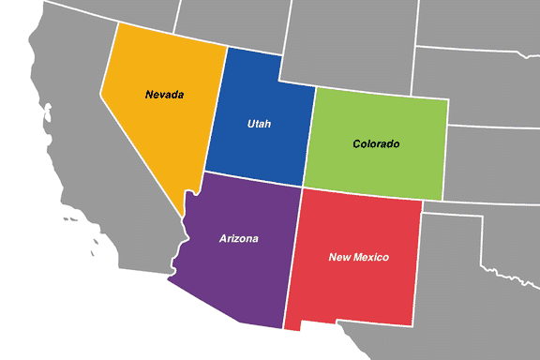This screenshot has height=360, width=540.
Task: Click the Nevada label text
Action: [164, 95]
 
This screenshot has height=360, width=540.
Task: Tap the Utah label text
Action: [261, 124]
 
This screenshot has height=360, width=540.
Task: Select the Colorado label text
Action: [376, 143]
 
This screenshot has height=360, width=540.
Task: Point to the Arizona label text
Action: [238, 238]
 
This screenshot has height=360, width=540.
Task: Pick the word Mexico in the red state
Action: [371, 257]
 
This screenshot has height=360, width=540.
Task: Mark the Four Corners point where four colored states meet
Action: [300, 186]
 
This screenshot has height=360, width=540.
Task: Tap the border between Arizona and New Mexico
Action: [292, 253]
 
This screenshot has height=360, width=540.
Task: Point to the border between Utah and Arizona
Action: [253, 178]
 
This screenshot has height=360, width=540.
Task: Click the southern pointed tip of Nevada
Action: [182, 212]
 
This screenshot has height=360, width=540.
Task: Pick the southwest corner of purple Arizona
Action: [169, 278]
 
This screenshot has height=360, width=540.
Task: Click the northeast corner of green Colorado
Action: [448, 100]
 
